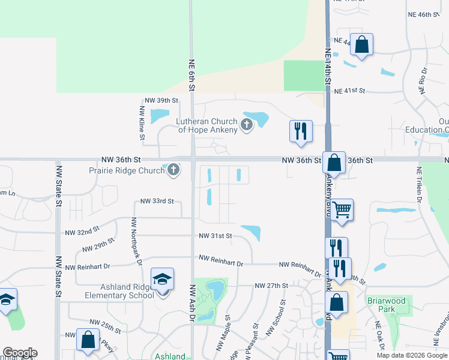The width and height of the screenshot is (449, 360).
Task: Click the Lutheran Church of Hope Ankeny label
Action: [x=207, y=126]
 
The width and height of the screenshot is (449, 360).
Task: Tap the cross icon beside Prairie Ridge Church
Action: [x=173, y=170]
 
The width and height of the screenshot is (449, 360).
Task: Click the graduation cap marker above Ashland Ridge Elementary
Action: [x=162, y=280]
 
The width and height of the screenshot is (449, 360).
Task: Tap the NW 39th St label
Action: [x=161, y=101]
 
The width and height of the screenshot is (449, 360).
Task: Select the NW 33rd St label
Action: [x=157, y=202]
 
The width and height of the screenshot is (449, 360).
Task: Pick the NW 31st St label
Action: [x=215, y=236]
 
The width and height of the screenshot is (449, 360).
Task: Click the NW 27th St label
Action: [x=271, y=286]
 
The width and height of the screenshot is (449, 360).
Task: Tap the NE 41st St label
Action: [x=350, y=91]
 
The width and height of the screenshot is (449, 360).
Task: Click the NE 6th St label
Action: [x=192, y=76]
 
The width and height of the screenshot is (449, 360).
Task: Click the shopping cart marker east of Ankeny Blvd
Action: [x=342, y=210]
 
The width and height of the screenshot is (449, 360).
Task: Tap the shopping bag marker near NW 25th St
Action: [x=88, y=340]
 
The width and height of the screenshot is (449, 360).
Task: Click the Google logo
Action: [x=20, y=353]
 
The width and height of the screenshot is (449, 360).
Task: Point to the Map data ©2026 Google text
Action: [x=412, y=355]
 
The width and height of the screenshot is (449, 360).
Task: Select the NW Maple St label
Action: [x=220, y=334]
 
